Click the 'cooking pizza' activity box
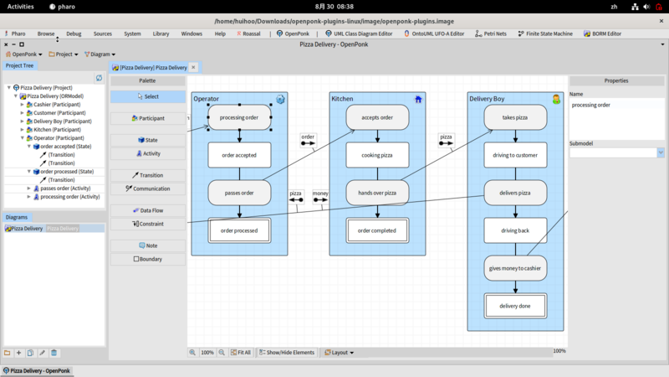[x=377, y=155]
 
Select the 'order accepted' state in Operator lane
[x=239, y=155]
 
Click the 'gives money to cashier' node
[x=515, y=268]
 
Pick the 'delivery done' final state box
[x=515, y=306]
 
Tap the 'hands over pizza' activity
[x=377, y=193]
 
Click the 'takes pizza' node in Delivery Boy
[x=515, y=117]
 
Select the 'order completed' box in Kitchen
[x=377, y=230]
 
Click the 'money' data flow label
[x=321, y=194]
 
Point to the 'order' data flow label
[x=308, y=137]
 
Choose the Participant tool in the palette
[x=148, y=118]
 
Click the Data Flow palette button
[x=148, y=210]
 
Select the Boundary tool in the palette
[x=148, y=259]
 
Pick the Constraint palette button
[x=148, y=224]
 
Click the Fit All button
[x=241, y=353]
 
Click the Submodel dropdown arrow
[x=660, y=152]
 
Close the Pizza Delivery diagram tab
[x=194, y=67]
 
